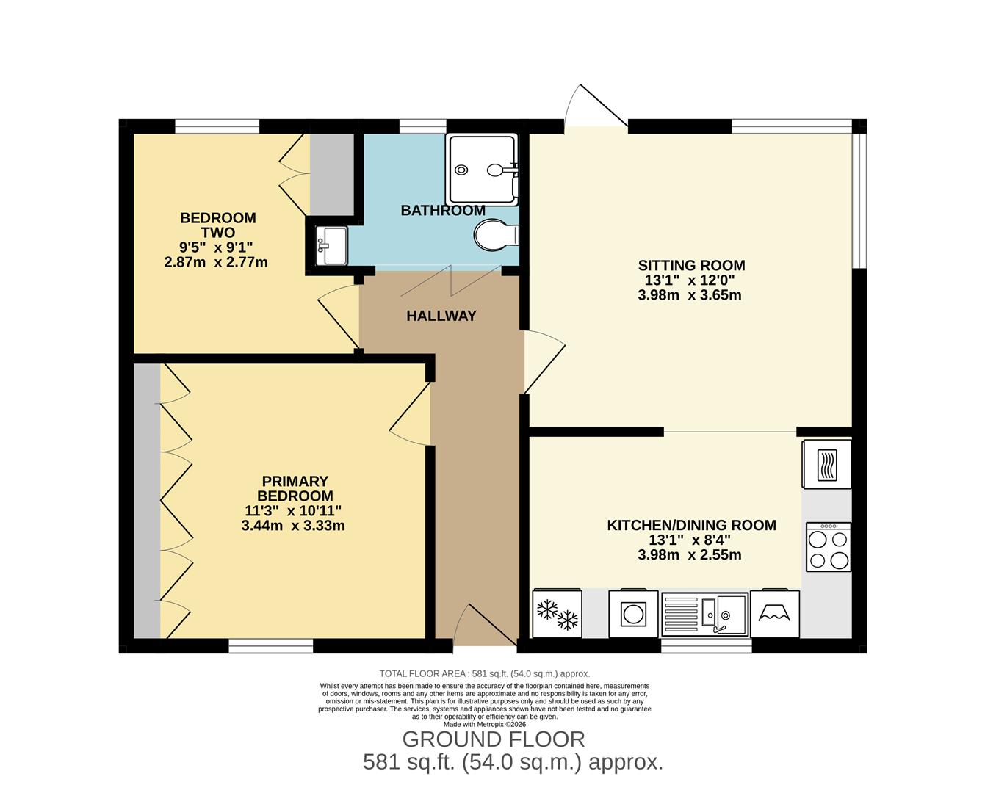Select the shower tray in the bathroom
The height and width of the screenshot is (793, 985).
tap(482, 170)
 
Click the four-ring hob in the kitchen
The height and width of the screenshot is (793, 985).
tap(828, 547)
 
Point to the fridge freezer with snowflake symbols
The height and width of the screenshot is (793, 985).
tap(557, 614)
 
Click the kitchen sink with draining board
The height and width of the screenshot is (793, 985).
tap(704, 614)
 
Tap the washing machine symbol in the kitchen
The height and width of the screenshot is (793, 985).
tap(633, 613)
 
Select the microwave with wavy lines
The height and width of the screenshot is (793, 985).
tap(827, 464)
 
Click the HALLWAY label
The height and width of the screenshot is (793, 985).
tap(441, 316)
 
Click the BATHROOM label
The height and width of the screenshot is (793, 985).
tap(443, 211)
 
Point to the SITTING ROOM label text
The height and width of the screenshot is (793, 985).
tap(691, 266)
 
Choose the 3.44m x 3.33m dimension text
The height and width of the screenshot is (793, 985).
tap(293, 526)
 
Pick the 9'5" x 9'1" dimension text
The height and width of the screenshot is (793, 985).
tap(218, 247)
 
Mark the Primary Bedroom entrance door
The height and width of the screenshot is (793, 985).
tap(411, 415)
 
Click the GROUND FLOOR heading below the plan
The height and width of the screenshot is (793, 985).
tap(494, 739)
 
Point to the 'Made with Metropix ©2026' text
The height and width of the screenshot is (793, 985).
tap(485, 724)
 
